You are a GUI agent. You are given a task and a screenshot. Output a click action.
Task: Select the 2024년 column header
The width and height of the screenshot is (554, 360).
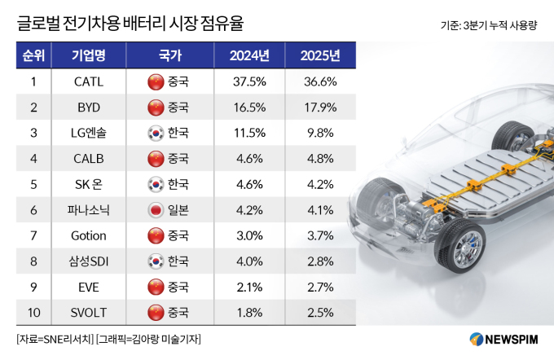tap(248, 56)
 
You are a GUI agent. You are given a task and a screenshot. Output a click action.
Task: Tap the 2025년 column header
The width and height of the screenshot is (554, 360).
tap(319, 56)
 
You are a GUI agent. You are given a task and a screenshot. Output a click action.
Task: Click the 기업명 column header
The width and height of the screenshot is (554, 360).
tap(88, 56)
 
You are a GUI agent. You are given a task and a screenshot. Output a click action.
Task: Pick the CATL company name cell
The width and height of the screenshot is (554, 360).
tap(88, 81)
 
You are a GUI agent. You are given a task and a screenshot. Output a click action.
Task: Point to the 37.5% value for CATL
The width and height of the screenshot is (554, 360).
tap(248, 81)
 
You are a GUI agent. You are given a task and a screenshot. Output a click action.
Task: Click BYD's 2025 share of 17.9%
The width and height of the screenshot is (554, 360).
tap(319, 108)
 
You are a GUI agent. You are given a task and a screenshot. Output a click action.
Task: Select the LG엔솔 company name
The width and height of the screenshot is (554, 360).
tap(88, 133)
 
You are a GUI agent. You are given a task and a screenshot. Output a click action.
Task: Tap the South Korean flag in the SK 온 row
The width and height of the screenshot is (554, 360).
tap(153, 184)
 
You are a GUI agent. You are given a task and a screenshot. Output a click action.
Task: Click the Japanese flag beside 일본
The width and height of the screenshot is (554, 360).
tap(153, 209)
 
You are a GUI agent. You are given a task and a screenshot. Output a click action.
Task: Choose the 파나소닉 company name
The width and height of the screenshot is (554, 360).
tap(88, 209)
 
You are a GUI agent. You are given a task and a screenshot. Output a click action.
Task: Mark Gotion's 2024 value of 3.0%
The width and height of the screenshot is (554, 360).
tap(248, 235)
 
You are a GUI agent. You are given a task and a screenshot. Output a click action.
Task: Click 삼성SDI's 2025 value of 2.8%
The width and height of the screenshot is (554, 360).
tap(319, 261)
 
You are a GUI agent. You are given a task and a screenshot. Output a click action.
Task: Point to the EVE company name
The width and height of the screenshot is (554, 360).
tap(88, 286)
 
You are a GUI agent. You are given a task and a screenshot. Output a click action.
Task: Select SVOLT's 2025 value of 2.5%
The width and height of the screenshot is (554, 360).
tap(319, 311)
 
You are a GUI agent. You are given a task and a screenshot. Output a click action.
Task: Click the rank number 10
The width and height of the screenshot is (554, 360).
tap(33, 311)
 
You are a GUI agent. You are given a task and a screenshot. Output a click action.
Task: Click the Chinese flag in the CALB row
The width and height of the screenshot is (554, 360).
tap(153, 159)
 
